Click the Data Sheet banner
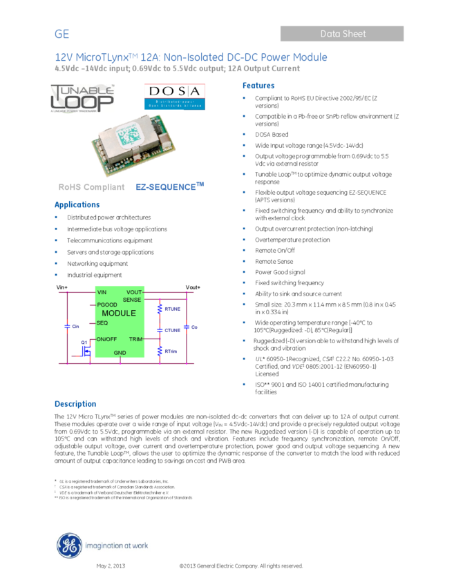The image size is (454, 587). [x=342, y=34]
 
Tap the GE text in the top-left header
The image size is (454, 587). [x=62, y=35]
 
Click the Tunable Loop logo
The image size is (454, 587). [x=82, y=99]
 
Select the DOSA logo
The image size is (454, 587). [x=175, y=97]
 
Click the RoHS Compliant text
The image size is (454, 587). [x=92, y=187]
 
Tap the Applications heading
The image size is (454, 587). [x=77, y=205]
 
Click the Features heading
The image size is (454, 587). [x=258, y=86]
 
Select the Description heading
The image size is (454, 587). [x=75, y=405]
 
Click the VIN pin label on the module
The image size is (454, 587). [x=102, y=293]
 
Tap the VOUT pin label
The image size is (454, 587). [x=134, y=293]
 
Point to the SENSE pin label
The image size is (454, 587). [x=132, y=300]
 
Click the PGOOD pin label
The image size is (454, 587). [x=107, y=305]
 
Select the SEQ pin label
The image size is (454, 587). [x=102, y=323]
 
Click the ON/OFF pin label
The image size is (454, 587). [x=107, y=339]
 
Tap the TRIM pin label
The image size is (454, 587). [x=135, y=339]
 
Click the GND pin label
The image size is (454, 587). [x=120, y=353]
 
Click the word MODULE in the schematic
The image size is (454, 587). [x=119, y=314]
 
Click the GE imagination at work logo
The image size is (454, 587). [x=102, y=546]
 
